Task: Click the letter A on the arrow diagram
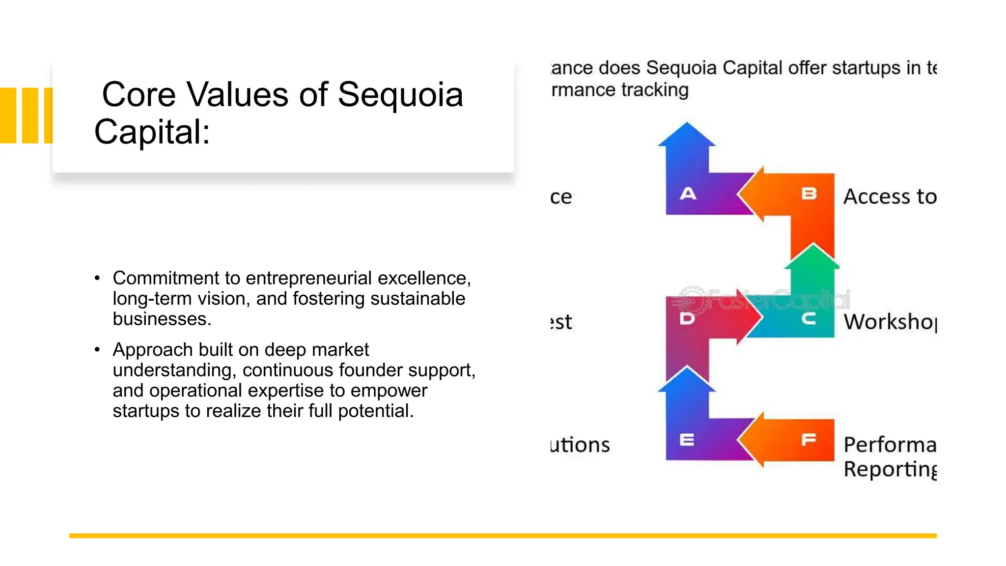click(x=688, y=194)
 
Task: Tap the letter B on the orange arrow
click(x=809, y=194)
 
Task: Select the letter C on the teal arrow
click(x=809, y=319)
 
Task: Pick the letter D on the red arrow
click(x=687, y=319)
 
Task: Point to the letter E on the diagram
click(x=687, y=440)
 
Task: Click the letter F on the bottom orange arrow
click(x=809, y=439)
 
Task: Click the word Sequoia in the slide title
click(x=400, y=94)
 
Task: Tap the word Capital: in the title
click(x=152, y=132)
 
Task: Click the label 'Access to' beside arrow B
click(x=890, y=197)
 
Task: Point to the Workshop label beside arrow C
click(x=890, y=322)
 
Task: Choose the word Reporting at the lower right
click(x=890, y=469)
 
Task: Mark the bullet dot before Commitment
click(x=97, y=279)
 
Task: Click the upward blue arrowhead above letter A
click(x=687, y=136)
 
